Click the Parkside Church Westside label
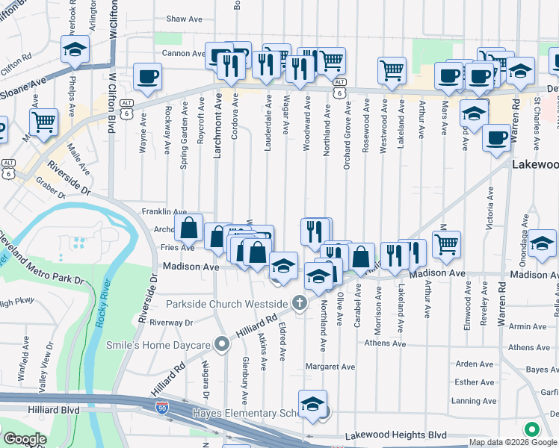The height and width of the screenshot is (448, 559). tap(226, 304)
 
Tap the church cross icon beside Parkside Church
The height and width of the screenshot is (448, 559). tap(299, 303)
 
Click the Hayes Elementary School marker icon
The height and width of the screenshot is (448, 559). tap(312, 404)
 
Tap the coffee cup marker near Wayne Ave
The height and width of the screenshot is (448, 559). tap(147, 76)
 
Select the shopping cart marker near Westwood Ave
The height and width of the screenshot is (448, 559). tap(392, 70)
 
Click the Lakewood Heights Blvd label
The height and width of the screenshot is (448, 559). tap(395, 435)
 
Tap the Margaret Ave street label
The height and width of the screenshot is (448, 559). tap(330, 367)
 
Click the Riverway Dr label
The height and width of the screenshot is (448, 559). tap(171, 323)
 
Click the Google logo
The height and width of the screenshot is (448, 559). tap(24, 439)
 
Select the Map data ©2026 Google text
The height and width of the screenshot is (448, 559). tap(513, 442)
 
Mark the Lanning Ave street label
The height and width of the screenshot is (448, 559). tap(475, 401)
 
